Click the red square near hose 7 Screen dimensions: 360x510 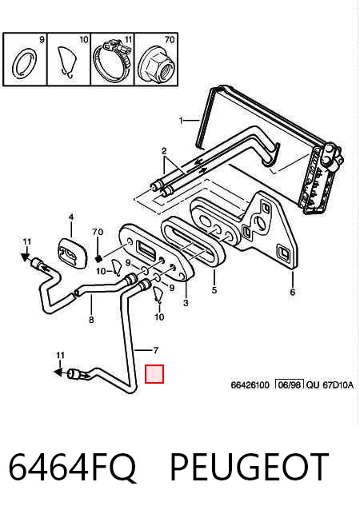[x=154, y=374]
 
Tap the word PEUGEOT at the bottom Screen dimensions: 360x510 [x=249, y=467]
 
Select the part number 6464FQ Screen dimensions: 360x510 [x=72, y=468]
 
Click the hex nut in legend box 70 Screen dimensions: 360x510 [x=154, y=66]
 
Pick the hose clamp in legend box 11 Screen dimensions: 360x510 [x=112, y=61]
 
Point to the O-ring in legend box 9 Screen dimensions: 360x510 [x=25, y=63]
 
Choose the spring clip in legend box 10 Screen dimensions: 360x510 [x=68, y=62]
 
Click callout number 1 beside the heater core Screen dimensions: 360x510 [x=181, y=121]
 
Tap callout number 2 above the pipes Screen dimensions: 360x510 [x=164, y=151]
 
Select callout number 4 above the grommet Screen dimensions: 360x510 [x=71, y=217]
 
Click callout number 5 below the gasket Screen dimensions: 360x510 [x=214, y=290]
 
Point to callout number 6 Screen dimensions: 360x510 [x=292, y=292]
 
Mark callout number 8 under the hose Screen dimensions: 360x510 [x=91, y=320]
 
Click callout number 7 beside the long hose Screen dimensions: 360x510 [x=155, y=350]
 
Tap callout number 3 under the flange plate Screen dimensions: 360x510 [x=186, y=303]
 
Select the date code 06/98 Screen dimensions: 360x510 [x=290, y=385]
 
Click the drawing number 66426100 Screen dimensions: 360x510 [x=250, y=385]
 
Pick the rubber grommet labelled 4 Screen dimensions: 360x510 [x=73, y=253]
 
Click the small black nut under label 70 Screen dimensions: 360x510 [x=98, y=258]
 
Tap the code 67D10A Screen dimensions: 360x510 [x=338, y=385]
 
